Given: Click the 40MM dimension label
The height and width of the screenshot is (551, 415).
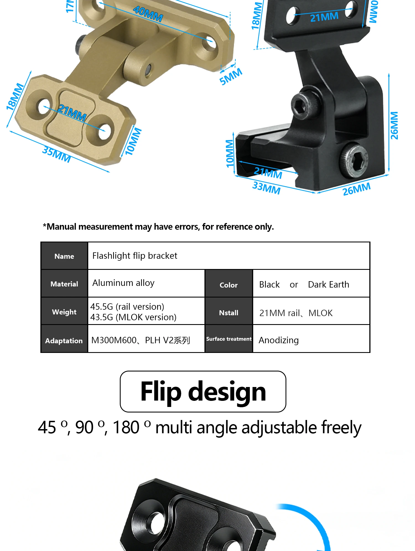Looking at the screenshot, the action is pos(148,14).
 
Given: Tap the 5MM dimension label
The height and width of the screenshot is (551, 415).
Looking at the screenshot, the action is pos(231,76).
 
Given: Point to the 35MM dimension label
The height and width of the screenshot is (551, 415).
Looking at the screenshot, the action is pos(56,154).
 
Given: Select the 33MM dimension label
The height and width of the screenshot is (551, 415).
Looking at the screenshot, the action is pos(266,188).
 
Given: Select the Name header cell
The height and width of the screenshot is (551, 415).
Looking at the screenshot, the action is pos(64,256).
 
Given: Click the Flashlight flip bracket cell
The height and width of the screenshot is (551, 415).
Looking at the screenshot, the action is pos(229,256).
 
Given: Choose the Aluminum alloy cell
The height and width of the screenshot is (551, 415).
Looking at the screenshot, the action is pos(146,283).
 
